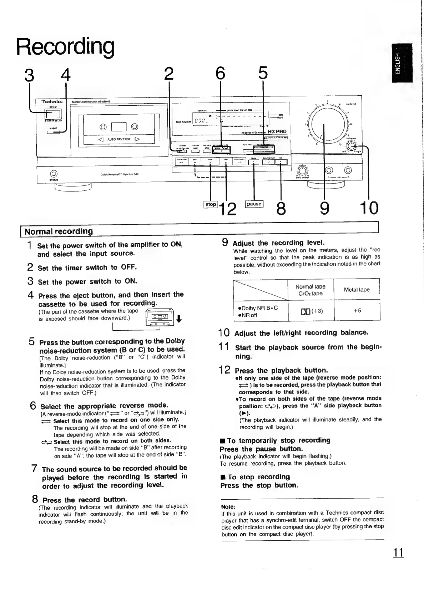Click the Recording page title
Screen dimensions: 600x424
[66, 46]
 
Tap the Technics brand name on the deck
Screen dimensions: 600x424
[52, 102]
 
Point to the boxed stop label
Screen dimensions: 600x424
[211, 205]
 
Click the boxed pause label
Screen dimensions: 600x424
[254, 204]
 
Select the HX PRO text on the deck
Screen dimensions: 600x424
[277, 131]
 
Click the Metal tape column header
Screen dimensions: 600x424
[357, 290]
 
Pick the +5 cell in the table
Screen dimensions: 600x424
[357, 310]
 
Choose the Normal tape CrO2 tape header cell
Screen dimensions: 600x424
[311, 290]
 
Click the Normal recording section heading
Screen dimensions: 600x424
[59, 231]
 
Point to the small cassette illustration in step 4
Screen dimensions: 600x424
[159, 317]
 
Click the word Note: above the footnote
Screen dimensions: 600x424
[228, 507]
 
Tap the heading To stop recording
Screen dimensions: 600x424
[258, 477]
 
